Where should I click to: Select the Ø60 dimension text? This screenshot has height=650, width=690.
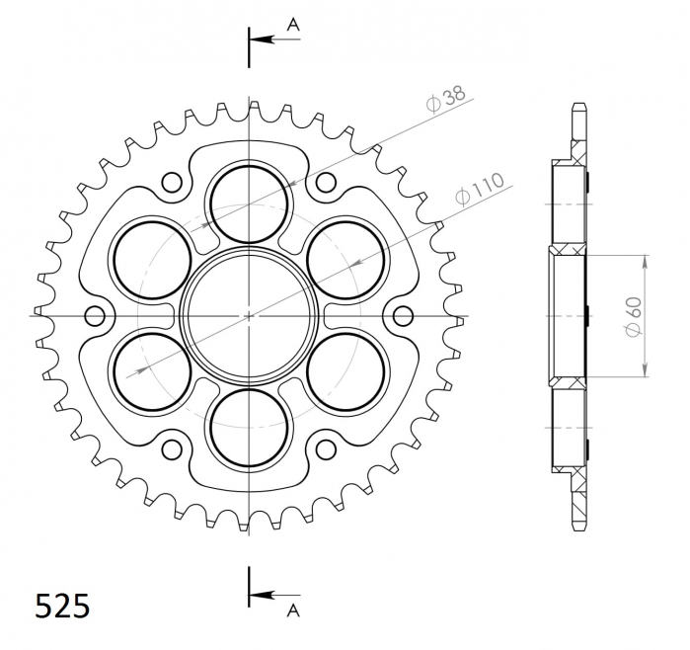pos(634,316)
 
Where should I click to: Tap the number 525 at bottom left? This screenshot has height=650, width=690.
pos(62,606)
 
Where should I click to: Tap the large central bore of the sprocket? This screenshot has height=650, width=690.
pos(249,315)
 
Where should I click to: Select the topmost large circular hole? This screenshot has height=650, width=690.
pos(249,203)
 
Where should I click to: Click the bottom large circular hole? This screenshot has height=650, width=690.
pos(249,427)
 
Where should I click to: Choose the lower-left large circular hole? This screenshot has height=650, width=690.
pos(152,371)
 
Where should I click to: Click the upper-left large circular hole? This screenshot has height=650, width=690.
pos(152,259)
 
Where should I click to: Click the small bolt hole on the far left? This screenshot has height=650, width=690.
pos(95,316)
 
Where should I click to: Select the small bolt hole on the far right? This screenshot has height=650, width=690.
pos(403,316)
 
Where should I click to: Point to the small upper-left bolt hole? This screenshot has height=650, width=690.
pos(172,182)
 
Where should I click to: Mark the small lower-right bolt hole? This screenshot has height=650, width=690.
pos(326,449)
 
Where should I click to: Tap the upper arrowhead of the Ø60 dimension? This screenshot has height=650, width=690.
pos(646,263)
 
